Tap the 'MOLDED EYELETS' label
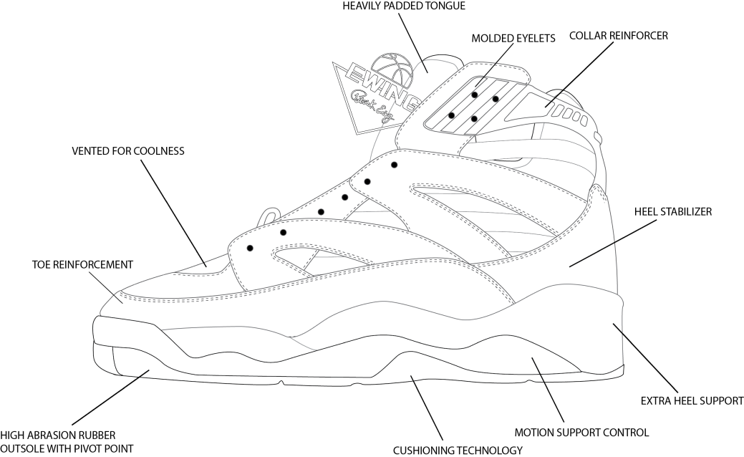point(513,38)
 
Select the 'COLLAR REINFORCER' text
point(618,34)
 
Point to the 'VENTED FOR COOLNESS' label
point(128,151)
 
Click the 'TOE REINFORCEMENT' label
point(82,264)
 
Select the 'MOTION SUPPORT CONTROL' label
point(582,432)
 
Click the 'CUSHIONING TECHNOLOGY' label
point(458,451)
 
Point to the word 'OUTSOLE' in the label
point(21,448)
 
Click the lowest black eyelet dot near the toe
point(250,248)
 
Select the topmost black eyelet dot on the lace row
point(395,165)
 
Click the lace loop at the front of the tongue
point(269,216)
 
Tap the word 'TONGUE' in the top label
point(445,6)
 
